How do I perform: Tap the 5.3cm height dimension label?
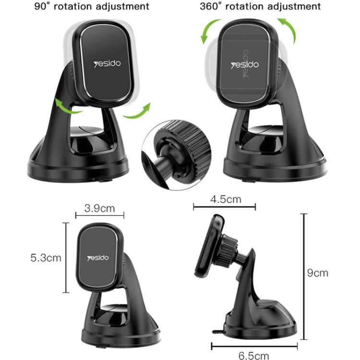point(46,257)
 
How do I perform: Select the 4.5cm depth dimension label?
point(225,199)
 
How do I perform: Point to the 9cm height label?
point(318,273)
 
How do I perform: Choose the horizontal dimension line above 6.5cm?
point(254,344)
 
